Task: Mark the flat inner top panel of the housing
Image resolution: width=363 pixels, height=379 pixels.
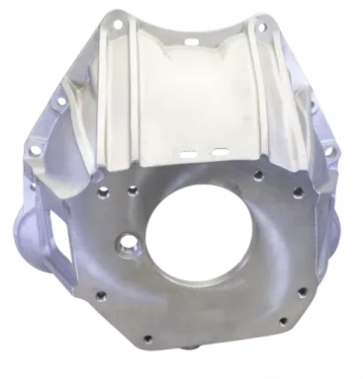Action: click(193, 89)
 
